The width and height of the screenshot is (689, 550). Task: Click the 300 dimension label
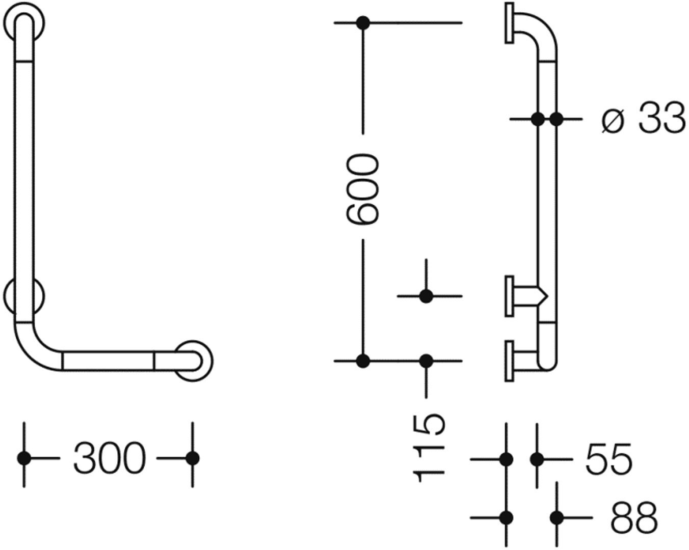110,458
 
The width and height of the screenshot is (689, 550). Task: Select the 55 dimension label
608,458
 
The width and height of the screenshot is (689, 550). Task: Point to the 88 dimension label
633,518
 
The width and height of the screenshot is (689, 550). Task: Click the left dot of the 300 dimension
24,458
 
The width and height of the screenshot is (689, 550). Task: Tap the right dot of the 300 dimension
193,458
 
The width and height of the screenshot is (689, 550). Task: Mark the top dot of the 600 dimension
363,23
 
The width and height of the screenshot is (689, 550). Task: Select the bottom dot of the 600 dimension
363,361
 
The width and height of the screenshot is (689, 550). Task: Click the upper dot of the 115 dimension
426,296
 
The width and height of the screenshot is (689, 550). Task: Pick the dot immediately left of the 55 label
537,459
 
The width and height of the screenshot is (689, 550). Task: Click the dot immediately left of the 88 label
557,518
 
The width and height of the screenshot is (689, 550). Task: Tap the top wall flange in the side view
510,23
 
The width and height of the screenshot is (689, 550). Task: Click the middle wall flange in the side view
510,296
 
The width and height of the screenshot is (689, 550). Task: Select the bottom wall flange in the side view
510,361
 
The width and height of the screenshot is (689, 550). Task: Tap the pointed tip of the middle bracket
548,296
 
